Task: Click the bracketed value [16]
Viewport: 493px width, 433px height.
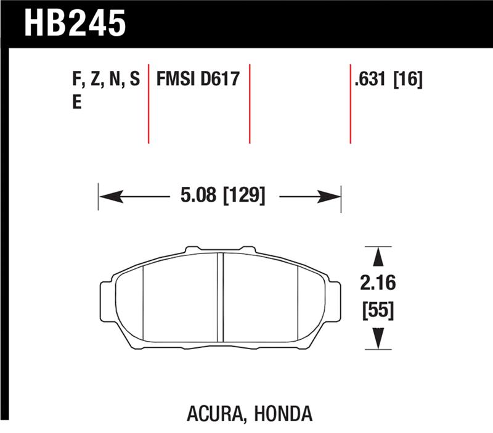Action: (x=408, y=80)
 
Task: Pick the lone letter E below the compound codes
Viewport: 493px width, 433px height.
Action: (x=77, y=103)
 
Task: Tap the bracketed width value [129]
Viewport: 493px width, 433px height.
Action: (x=244, y=197)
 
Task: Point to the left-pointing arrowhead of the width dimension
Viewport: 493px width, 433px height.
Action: (x=108, y=197)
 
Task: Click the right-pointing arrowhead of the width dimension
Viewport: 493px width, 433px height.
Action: (x=331, y=197)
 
